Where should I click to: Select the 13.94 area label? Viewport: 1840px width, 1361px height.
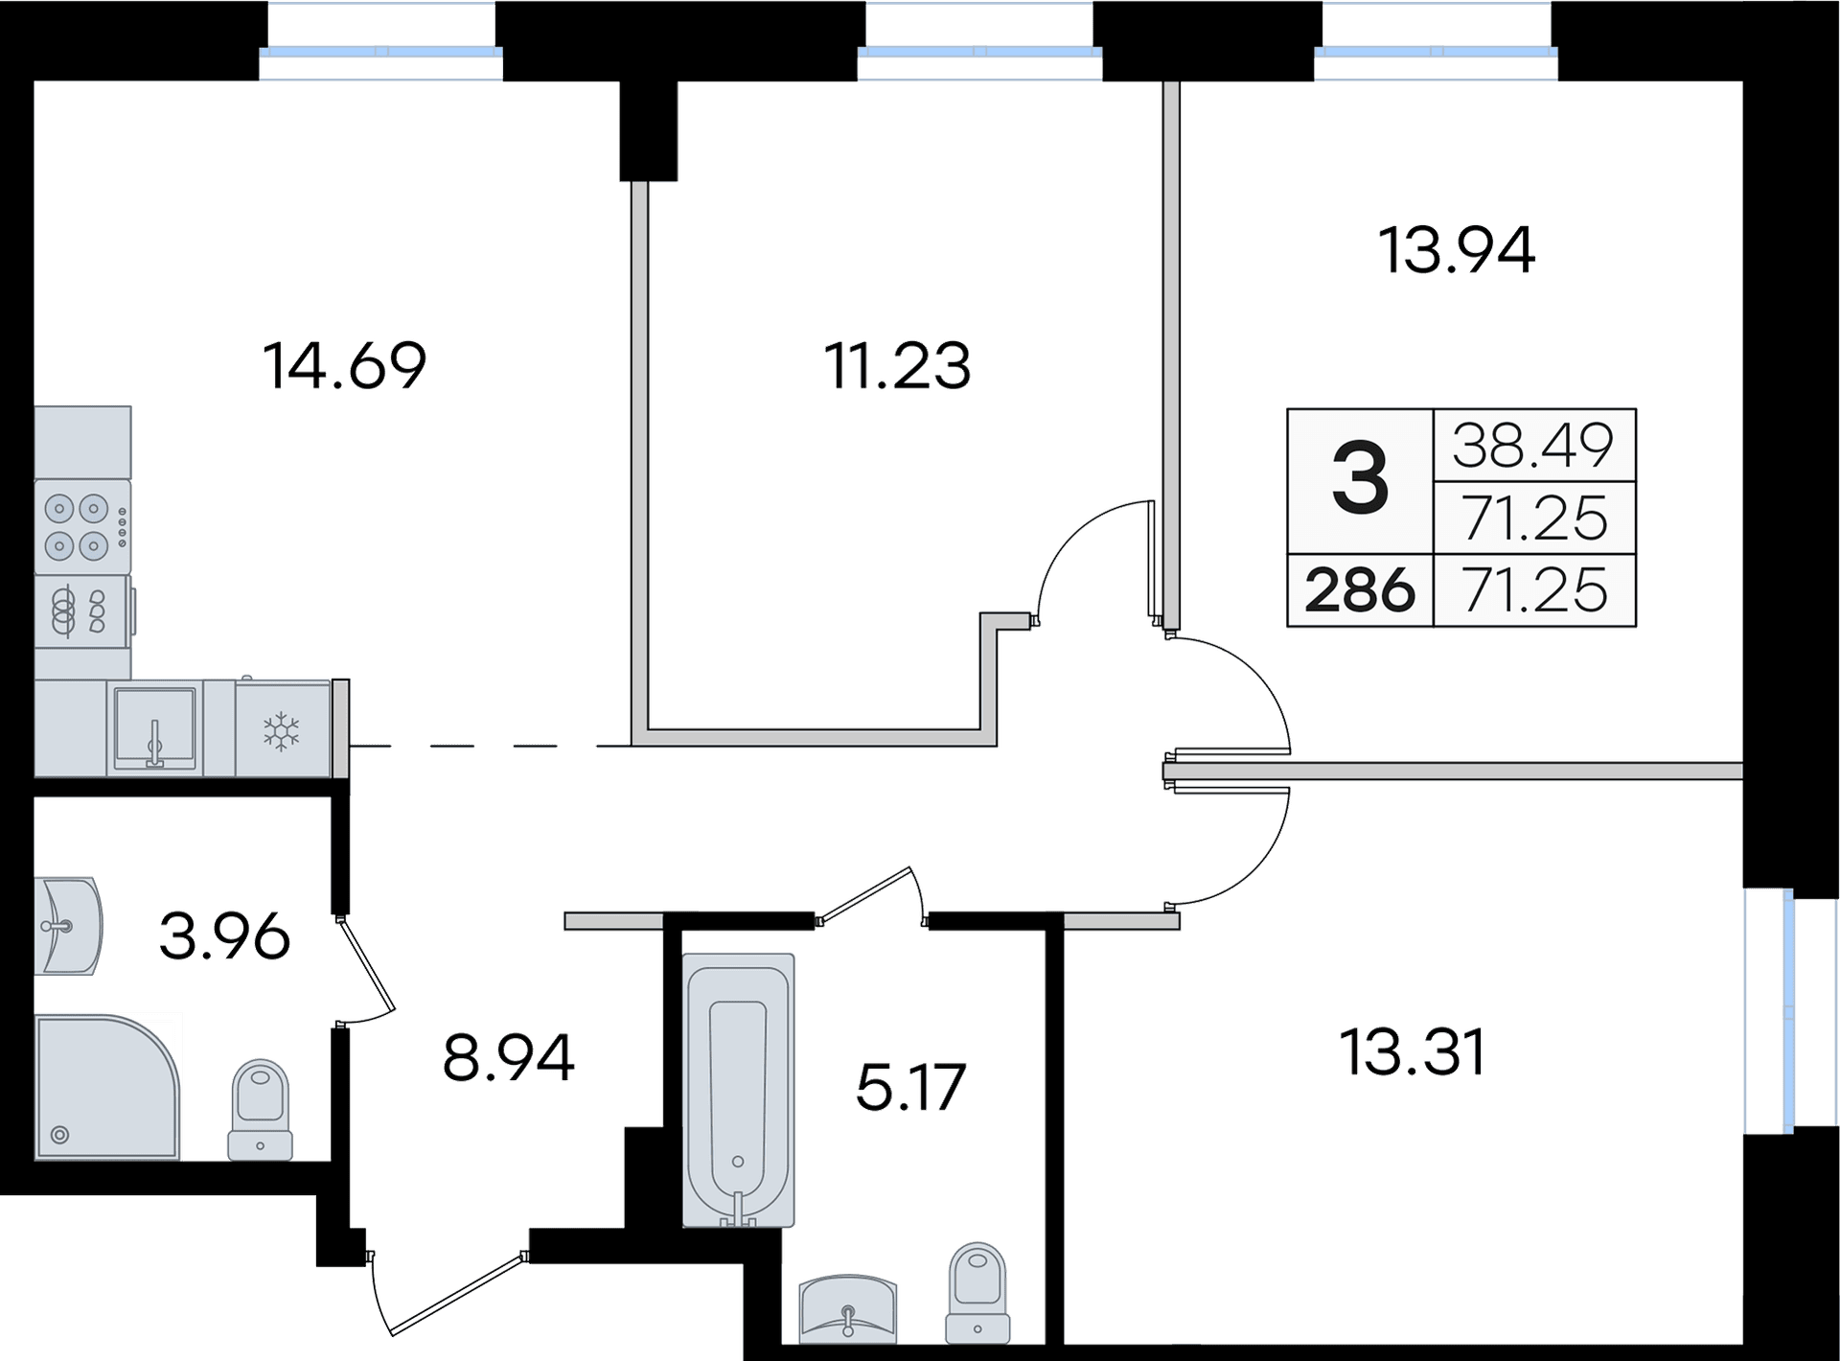coord(1457,250)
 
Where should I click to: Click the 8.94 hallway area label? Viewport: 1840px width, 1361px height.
coord(509,1056)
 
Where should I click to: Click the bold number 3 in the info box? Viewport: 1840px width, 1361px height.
coord(1360,481)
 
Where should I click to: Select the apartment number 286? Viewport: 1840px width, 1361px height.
coord(1360,590)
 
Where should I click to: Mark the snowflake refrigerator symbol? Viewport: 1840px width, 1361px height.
coord(282,730)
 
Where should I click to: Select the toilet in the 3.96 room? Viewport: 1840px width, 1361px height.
coord(262,1108)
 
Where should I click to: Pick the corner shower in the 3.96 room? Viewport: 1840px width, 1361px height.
coord(105,1088)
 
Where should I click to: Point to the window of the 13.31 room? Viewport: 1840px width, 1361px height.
coord(1768,1012)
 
